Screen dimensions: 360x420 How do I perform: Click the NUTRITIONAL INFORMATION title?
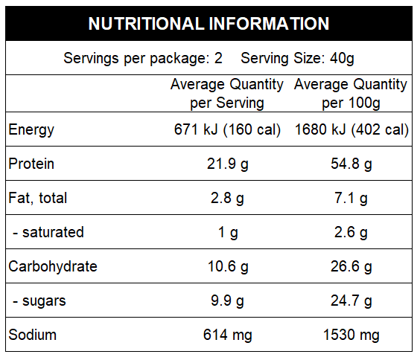209,24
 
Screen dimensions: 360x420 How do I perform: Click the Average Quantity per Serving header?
227,93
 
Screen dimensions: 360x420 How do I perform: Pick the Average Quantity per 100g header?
351,93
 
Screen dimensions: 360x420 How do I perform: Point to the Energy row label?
31,130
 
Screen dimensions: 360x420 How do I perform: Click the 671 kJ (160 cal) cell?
227,130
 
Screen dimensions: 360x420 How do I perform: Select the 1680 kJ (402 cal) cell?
351,130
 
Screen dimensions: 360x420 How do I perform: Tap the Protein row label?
31,164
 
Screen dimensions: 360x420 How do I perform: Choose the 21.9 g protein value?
227,164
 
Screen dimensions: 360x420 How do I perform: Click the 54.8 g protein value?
351,164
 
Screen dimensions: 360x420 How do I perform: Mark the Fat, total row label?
38,198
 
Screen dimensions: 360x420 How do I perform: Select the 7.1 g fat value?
351,198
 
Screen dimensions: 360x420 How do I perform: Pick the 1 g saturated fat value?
227,232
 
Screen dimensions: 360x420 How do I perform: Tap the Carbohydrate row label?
53,266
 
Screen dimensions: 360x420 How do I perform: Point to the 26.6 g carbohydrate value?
351,266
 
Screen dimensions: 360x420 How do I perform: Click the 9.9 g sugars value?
227,300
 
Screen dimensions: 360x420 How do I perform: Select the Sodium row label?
32,335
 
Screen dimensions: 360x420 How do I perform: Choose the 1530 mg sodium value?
351,335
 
